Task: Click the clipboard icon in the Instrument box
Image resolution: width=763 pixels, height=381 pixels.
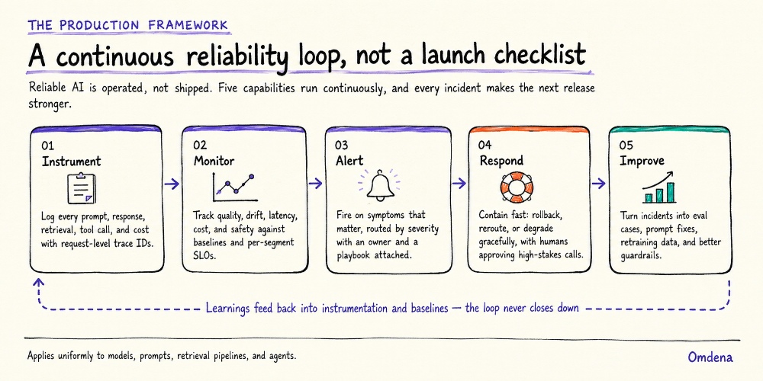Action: point(82,188)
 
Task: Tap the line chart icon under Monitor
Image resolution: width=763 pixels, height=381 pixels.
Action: point(233,187)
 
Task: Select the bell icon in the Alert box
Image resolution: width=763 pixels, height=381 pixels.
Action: point(380,186)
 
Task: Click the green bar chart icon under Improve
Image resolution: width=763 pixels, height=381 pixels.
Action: point(658,187)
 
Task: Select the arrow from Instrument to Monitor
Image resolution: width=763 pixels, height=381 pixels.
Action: point(171,184)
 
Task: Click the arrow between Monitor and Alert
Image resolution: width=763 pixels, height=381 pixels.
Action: point(315,183)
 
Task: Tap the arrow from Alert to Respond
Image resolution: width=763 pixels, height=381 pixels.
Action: point(459,183)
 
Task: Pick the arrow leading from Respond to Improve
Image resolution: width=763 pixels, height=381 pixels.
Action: point(598,183)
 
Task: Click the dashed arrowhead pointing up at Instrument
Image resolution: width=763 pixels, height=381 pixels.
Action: point(38,282)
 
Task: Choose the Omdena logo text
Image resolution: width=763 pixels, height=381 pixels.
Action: point(710,357)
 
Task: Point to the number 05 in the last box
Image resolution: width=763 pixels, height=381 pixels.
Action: point(626,146)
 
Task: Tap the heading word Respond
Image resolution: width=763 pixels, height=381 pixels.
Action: point(501,160)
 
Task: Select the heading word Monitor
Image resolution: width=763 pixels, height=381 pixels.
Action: point(214,160)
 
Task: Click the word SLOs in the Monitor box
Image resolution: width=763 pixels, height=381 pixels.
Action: point(204,255)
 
